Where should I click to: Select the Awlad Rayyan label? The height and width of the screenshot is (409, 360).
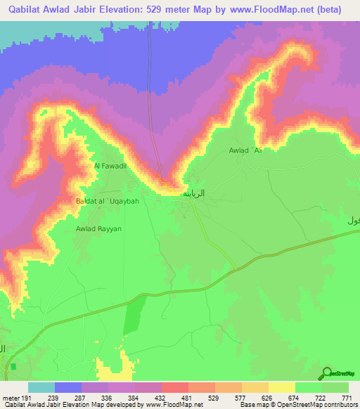pos(99,228)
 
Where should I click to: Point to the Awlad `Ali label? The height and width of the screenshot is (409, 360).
pos(245,150)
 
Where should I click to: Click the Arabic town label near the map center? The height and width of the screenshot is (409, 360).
pos(194,193)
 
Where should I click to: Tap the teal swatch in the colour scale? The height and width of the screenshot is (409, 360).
pos(41,387)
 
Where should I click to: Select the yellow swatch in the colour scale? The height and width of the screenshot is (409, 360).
pos(282,387)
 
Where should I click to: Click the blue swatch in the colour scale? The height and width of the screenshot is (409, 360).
pos(68,387)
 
